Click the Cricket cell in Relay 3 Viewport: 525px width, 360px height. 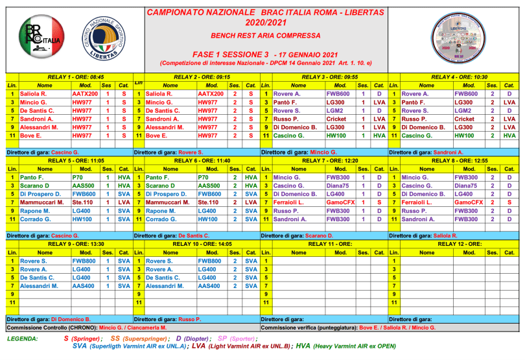(336, 119)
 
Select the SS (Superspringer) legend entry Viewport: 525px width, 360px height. (140, 339)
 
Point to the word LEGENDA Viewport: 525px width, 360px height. (21, 339)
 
